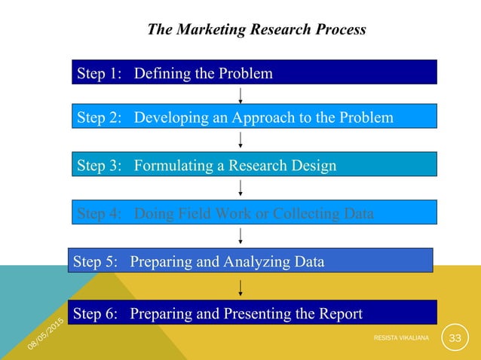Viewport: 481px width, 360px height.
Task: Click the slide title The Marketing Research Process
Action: point(256,30)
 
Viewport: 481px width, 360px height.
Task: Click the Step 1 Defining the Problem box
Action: point(254,73)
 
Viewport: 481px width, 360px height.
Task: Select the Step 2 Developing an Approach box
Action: point(254,117)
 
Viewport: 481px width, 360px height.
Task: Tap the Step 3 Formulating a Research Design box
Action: point(254,165)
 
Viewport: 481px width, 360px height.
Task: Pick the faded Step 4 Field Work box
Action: point(254,213)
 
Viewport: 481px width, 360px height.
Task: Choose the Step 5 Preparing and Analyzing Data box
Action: point(250,261)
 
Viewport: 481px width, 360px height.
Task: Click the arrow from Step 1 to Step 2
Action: point(240,95)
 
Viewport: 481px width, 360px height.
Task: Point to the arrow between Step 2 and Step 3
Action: point(240,141)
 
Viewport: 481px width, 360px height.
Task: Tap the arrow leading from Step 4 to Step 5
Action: point(240,236)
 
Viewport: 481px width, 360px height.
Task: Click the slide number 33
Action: point(455,338)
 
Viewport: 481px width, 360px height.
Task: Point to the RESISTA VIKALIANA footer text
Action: point(401,339)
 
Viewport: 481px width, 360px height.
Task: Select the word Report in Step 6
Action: point(339,313)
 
